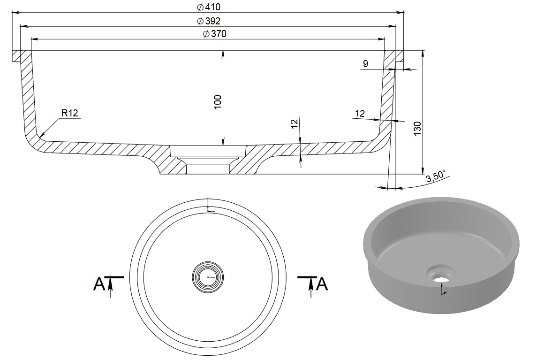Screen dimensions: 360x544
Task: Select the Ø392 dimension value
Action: [209, 21]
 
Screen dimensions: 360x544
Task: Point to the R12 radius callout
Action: [69, 113]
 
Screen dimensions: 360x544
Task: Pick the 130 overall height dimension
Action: [418, 128]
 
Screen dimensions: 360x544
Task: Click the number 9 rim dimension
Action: [365, 63]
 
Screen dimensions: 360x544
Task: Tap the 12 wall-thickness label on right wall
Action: [360, 113]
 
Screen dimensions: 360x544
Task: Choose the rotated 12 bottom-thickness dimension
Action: [295, 124]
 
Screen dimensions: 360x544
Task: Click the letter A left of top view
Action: [99, 284]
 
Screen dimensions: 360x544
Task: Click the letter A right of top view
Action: [322, 284]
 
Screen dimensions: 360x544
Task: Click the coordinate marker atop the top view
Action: [209, 207]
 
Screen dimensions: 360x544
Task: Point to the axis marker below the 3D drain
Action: [443, 291]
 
